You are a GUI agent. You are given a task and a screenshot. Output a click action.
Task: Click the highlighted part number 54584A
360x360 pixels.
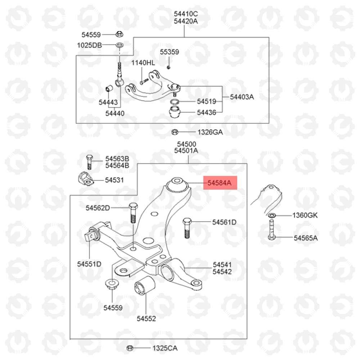[x=219, y=183]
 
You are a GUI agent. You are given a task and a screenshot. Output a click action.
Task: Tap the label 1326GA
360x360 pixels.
[x=210, y=132]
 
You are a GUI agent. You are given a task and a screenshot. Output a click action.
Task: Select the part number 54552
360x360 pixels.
[x=146, y=319]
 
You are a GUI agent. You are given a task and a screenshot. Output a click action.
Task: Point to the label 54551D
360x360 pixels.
[x=89, y=264]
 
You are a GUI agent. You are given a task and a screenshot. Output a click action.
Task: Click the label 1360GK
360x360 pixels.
[x=305, y=215]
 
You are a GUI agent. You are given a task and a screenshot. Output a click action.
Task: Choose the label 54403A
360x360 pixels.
[x=242, y=97]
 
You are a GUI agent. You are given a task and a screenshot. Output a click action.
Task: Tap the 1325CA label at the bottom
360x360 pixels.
[x=165, y=348]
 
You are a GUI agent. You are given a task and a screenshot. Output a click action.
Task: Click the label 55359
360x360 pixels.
[x=170, y=52]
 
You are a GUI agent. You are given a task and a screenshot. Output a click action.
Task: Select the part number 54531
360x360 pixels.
[x=114, y=180]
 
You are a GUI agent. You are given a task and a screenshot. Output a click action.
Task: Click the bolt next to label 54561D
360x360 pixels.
[x=187, y=228]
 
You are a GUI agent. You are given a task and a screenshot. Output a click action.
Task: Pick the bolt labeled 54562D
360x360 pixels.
[x=133, y=213]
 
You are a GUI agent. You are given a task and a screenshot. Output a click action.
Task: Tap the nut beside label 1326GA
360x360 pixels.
[x=175, y=132]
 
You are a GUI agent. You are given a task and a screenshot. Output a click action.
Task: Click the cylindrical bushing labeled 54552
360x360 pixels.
[x=144, y=286]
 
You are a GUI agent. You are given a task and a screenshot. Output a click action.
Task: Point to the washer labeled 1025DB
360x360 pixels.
[x=120, y=45]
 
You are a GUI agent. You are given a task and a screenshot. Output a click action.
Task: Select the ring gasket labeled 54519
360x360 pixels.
[x=175, y=102]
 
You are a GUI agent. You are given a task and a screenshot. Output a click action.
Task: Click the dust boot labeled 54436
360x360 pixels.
[x=175, y=112]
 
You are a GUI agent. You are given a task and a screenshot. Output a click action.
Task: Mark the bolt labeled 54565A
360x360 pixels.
[x=271, y=230]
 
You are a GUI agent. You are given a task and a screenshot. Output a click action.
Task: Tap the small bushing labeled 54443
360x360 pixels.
[x=109, y=89]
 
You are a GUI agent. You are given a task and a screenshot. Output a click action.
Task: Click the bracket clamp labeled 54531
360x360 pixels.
[x=85, y=179]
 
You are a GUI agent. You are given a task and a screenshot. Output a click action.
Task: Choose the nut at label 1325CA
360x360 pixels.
[x=130, y=348]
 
